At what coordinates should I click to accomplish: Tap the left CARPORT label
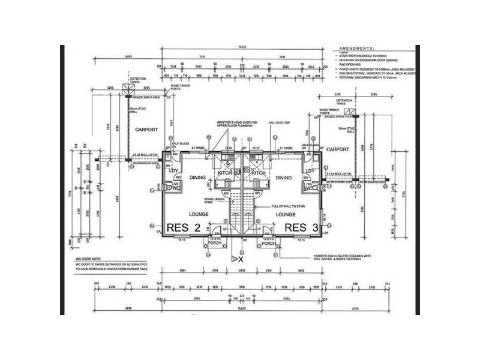146,129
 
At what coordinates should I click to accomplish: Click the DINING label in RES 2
197,178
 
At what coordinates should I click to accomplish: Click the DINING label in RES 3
283,178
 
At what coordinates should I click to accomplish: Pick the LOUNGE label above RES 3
286,213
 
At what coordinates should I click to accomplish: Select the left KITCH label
224,173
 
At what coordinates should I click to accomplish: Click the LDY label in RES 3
310,171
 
